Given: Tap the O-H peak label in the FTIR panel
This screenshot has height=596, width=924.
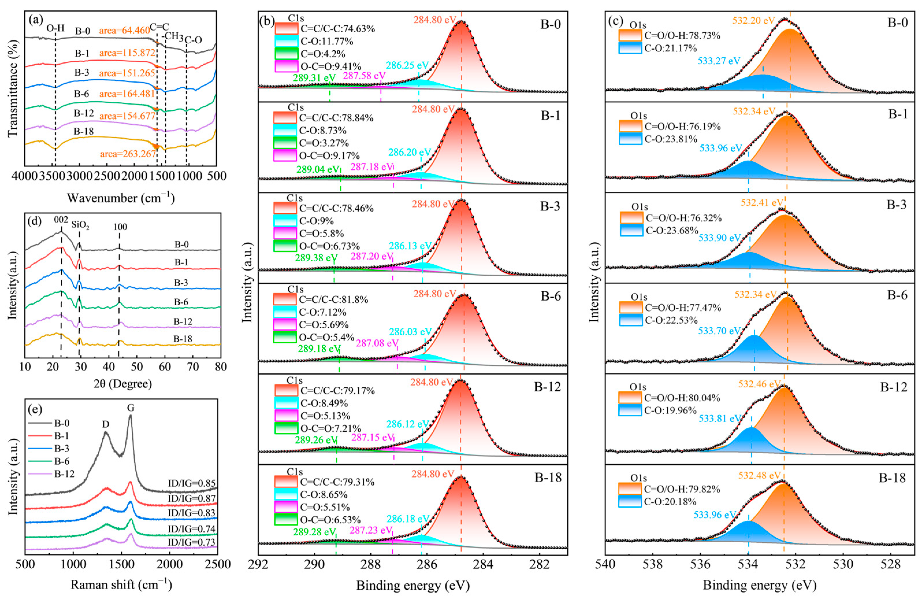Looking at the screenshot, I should (x=55, y=28).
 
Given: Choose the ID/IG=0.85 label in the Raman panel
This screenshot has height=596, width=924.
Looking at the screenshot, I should (x=192, y=483).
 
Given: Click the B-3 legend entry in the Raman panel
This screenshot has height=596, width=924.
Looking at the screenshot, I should (x=62, y=448).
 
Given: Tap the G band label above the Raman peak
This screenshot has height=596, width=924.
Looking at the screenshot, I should (x=131, y=407).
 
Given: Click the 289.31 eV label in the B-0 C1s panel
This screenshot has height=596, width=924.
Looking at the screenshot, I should (x=314, y=78).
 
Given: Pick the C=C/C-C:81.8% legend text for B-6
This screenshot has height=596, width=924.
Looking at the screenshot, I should (x=333, y=299).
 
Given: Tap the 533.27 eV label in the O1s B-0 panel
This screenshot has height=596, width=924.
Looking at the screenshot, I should (x=719, y=61).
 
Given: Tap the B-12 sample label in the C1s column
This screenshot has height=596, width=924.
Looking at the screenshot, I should (x=547, y=387).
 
